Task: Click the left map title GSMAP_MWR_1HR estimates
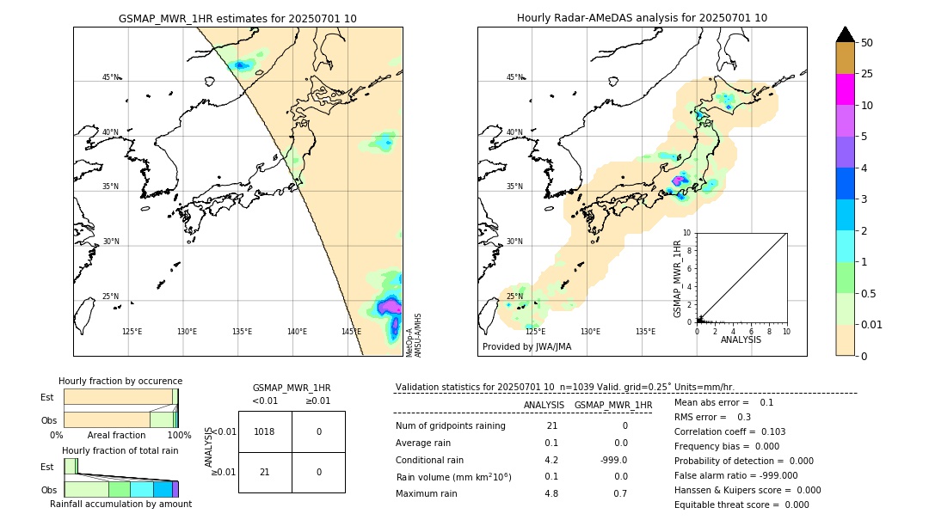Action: (237, 18)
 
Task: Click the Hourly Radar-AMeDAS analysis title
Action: (642, 18)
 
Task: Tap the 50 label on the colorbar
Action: (868, 42)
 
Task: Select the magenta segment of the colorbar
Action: (845, 89)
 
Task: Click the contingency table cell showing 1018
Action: (265, 431)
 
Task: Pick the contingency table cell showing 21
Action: (265, 472)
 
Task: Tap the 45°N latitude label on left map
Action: (111, 77)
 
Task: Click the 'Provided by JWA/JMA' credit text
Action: (526, 347)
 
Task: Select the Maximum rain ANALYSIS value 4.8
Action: (551, 493)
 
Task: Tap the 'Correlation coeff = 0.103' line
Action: (729, 431)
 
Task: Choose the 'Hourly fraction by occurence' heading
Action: (120, 381)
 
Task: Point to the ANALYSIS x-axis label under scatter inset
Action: (741, 339)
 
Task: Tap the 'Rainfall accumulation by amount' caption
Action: (120, 504)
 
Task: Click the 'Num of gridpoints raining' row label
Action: (451, 426)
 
